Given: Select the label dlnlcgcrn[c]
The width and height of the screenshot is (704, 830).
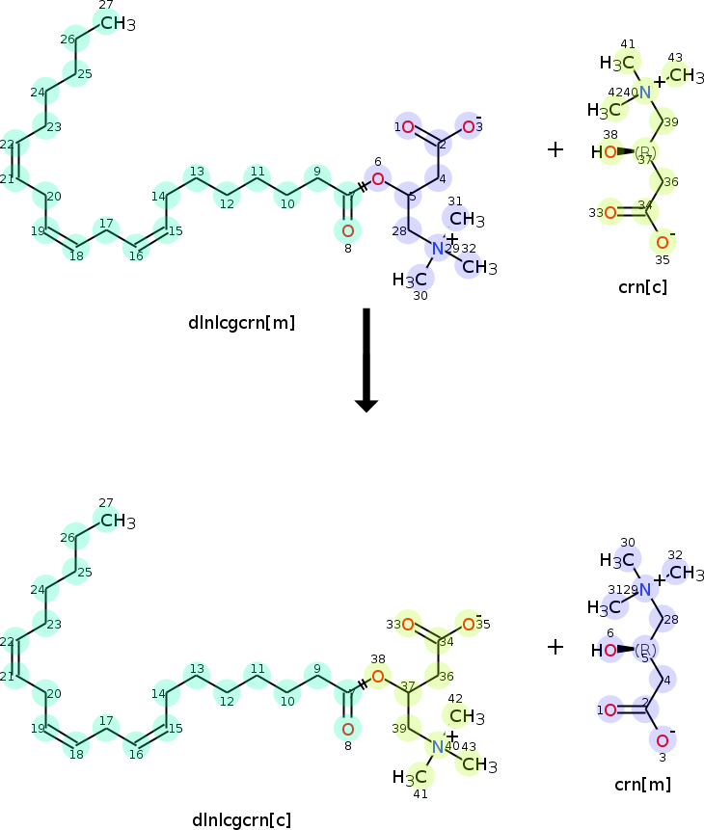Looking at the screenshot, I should (x=241, y=820).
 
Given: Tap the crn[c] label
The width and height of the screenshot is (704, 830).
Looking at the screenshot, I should (x=642, y=286).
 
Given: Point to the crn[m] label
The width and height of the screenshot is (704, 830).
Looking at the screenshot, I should (x=642, y=784).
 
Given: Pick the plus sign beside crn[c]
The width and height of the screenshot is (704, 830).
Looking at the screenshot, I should (x=555, y=149).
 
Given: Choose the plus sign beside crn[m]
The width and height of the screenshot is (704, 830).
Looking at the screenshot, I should (x=555, y=647).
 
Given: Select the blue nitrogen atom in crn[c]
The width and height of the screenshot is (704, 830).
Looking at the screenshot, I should (x=645, y=92).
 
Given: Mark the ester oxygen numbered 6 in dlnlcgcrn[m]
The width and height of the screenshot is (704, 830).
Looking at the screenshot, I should (x=378, y=178).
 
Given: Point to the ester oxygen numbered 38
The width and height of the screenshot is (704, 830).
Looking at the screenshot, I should (x=378, y=676).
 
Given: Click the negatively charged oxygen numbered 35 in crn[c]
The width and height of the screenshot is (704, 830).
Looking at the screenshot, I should (x=662, y=242).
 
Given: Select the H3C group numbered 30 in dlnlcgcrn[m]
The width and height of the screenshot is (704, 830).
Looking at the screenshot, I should (x=410, y=280).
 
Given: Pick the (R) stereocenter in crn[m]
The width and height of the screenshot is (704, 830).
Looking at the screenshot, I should (x=645, y=651).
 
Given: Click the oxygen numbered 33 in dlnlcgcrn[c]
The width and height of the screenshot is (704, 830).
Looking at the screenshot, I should (x=408, y=625).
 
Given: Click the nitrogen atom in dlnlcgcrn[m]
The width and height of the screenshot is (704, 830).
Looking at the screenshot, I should (x=439, y=249).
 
